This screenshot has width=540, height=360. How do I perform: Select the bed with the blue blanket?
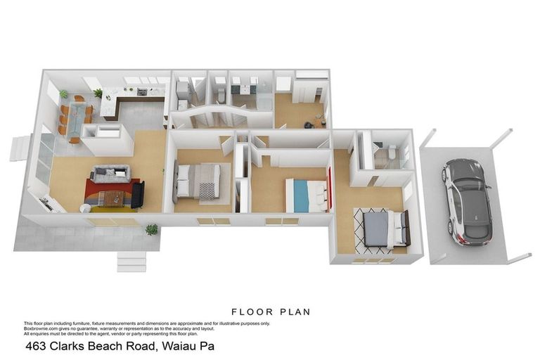click(306, 195)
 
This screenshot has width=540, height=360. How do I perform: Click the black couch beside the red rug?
click(137, 194)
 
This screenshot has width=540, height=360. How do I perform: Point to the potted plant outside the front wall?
click(151, 229)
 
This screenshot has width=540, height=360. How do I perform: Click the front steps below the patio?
click(131, 262)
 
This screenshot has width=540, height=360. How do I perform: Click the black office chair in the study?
click(309, 124)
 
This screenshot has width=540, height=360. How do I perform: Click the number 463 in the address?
click(37, 346)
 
